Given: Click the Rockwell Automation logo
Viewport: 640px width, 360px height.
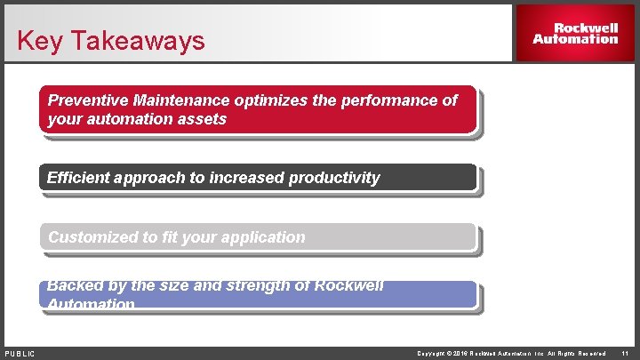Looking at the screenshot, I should point(575,33).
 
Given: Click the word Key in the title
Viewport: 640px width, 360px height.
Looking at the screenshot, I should point(36,41).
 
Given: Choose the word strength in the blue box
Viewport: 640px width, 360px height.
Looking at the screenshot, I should point(236,286).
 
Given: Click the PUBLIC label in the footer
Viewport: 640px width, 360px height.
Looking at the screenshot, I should point(20,354).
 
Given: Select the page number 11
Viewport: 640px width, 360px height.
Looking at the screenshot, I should point(625,354).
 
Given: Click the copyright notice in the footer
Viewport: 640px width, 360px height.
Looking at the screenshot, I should point(511,354).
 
